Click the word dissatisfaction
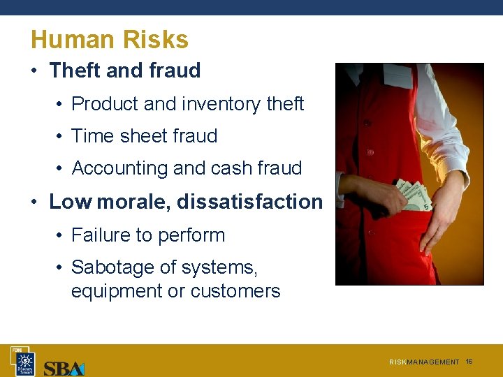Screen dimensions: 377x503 pos(249,202)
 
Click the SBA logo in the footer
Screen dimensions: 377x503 pos(64,367)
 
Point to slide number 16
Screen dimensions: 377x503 pos(469,362)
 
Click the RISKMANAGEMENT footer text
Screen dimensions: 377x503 pos(424,362)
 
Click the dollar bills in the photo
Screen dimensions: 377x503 pos(414,195)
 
